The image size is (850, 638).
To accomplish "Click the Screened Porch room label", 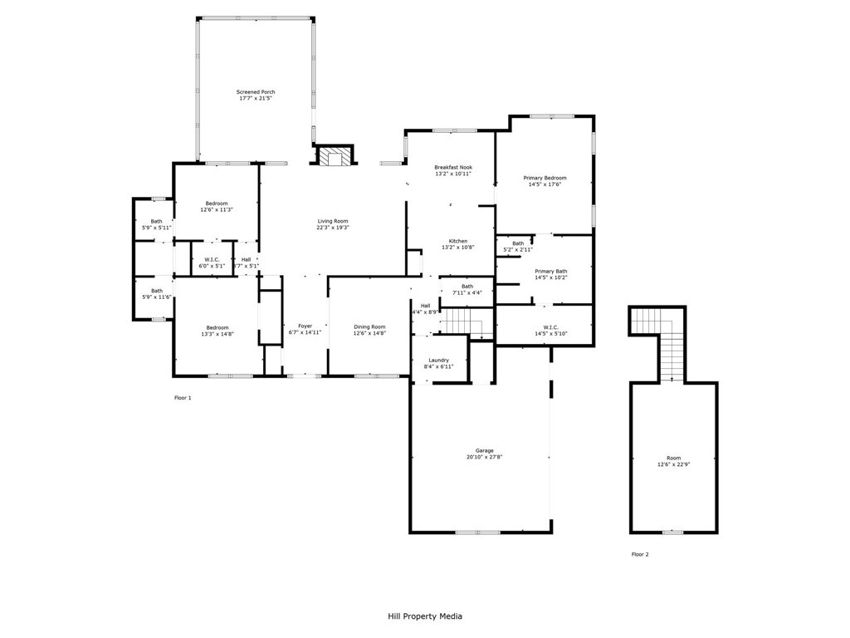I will (256, 92).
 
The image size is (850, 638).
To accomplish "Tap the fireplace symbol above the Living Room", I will (335, 156).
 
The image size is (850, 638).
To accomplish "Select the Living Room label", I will (333, 221).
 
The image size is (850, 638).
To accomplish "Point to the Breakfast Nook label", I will (453, 167).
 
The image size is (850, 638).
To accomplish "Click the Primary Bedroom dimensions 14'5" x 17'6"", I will (545, 184).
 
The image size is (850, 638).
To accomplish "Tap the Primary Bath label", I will (551, 272).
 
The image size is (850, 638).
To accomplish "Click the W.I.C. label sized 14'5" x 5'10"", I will (551, 327).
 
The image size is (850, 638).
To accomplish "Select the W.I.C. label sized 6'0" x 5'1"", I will (212, 260).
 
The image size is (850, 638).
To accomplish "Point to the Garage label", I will (484, 450).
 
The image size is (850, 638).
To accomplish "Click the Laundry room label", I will (438, 360).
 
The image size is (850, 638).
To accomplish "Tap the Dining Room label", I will (369, 326).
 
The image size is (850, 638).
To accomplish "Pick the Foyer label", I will (305, 326).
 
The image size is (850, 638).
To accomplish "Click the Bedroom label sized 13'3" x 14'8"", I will (217, 327).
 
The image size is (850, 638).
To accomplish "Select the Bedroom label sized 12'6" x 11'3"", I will (217, 204).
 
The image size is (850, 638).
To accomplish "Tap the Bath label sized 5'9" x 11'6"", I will (157, 291).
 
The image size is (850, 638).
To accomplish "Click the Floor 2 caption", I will (640, 554).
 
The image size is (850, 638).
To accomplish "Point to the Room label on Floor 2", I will (673, 458).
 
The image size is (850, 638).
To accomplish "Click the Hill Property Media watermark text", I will (425, 616).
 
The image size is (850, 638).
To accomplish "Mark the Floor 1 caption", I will (183, 398).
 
